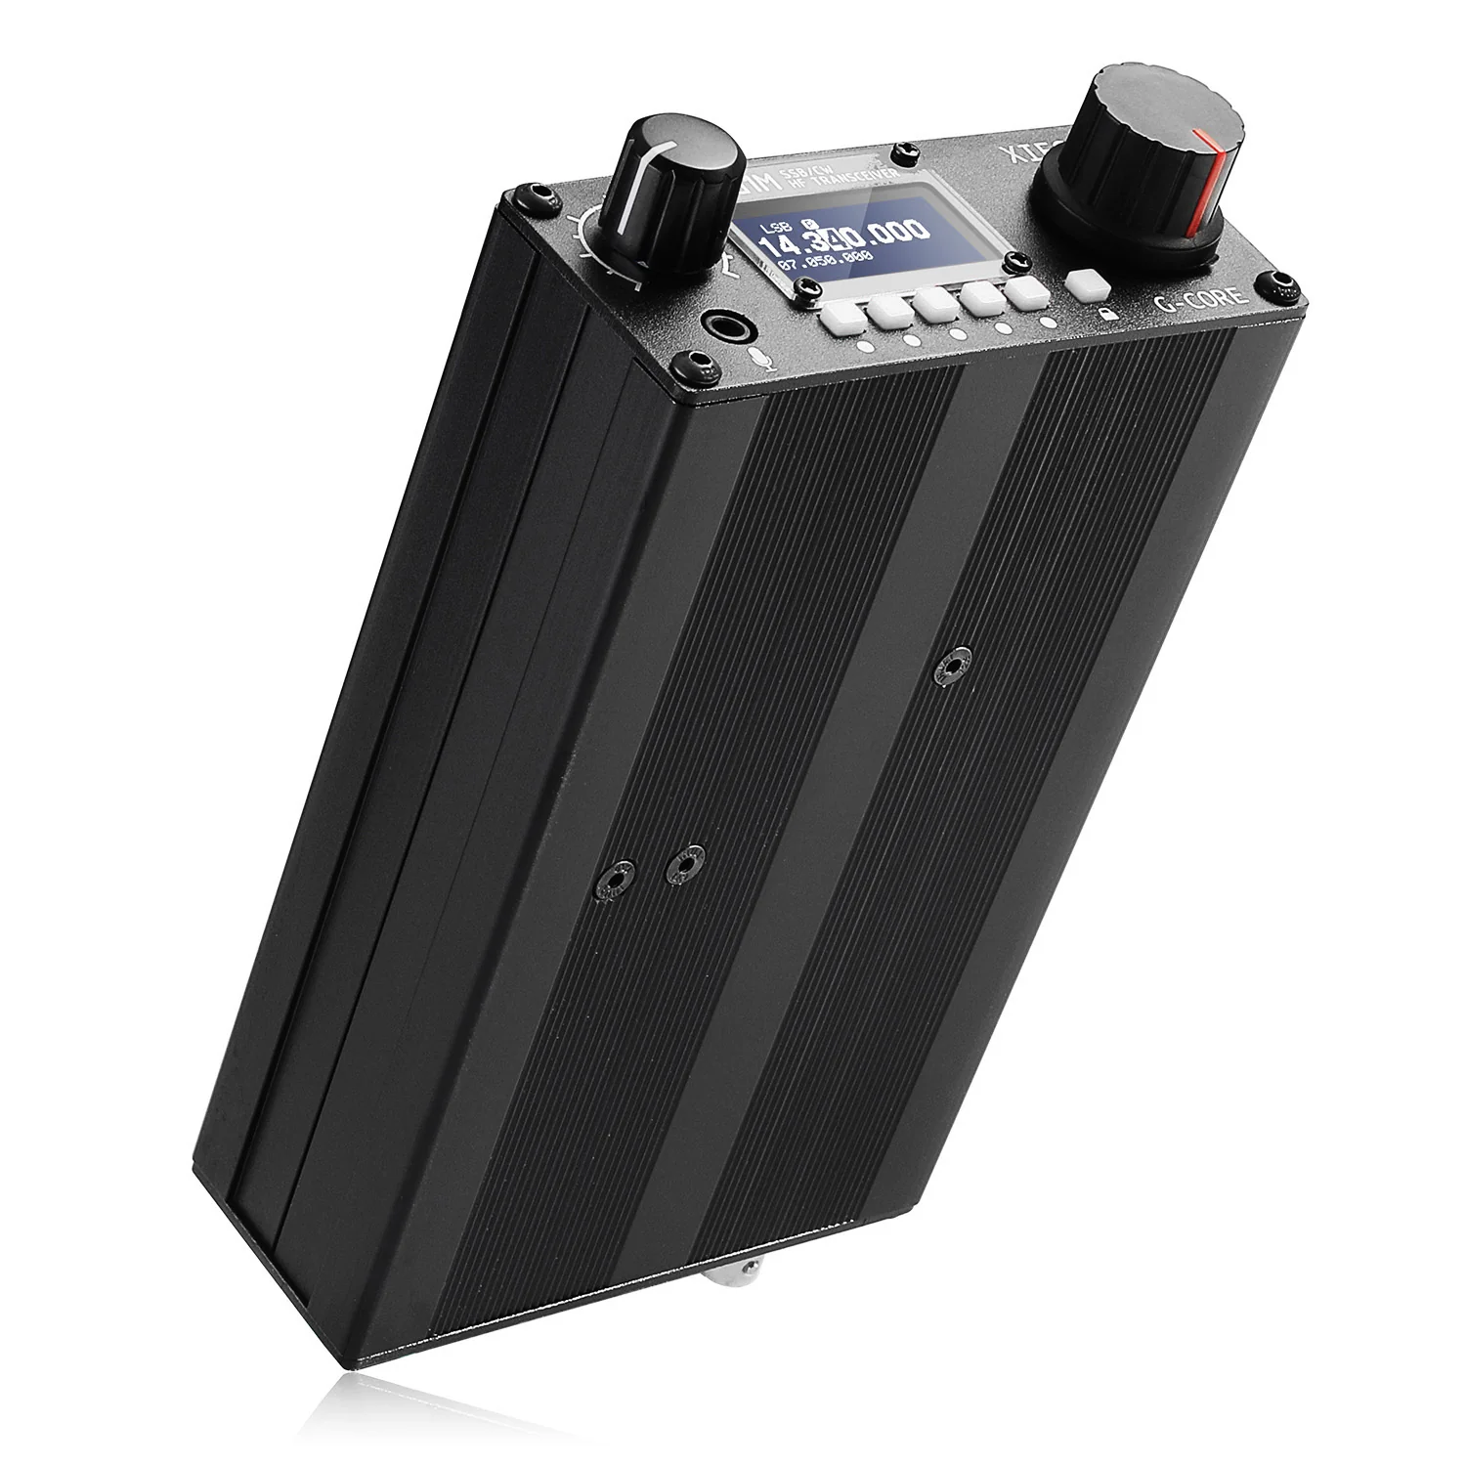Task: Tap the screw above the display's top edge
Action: click(x=911, y=149)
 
